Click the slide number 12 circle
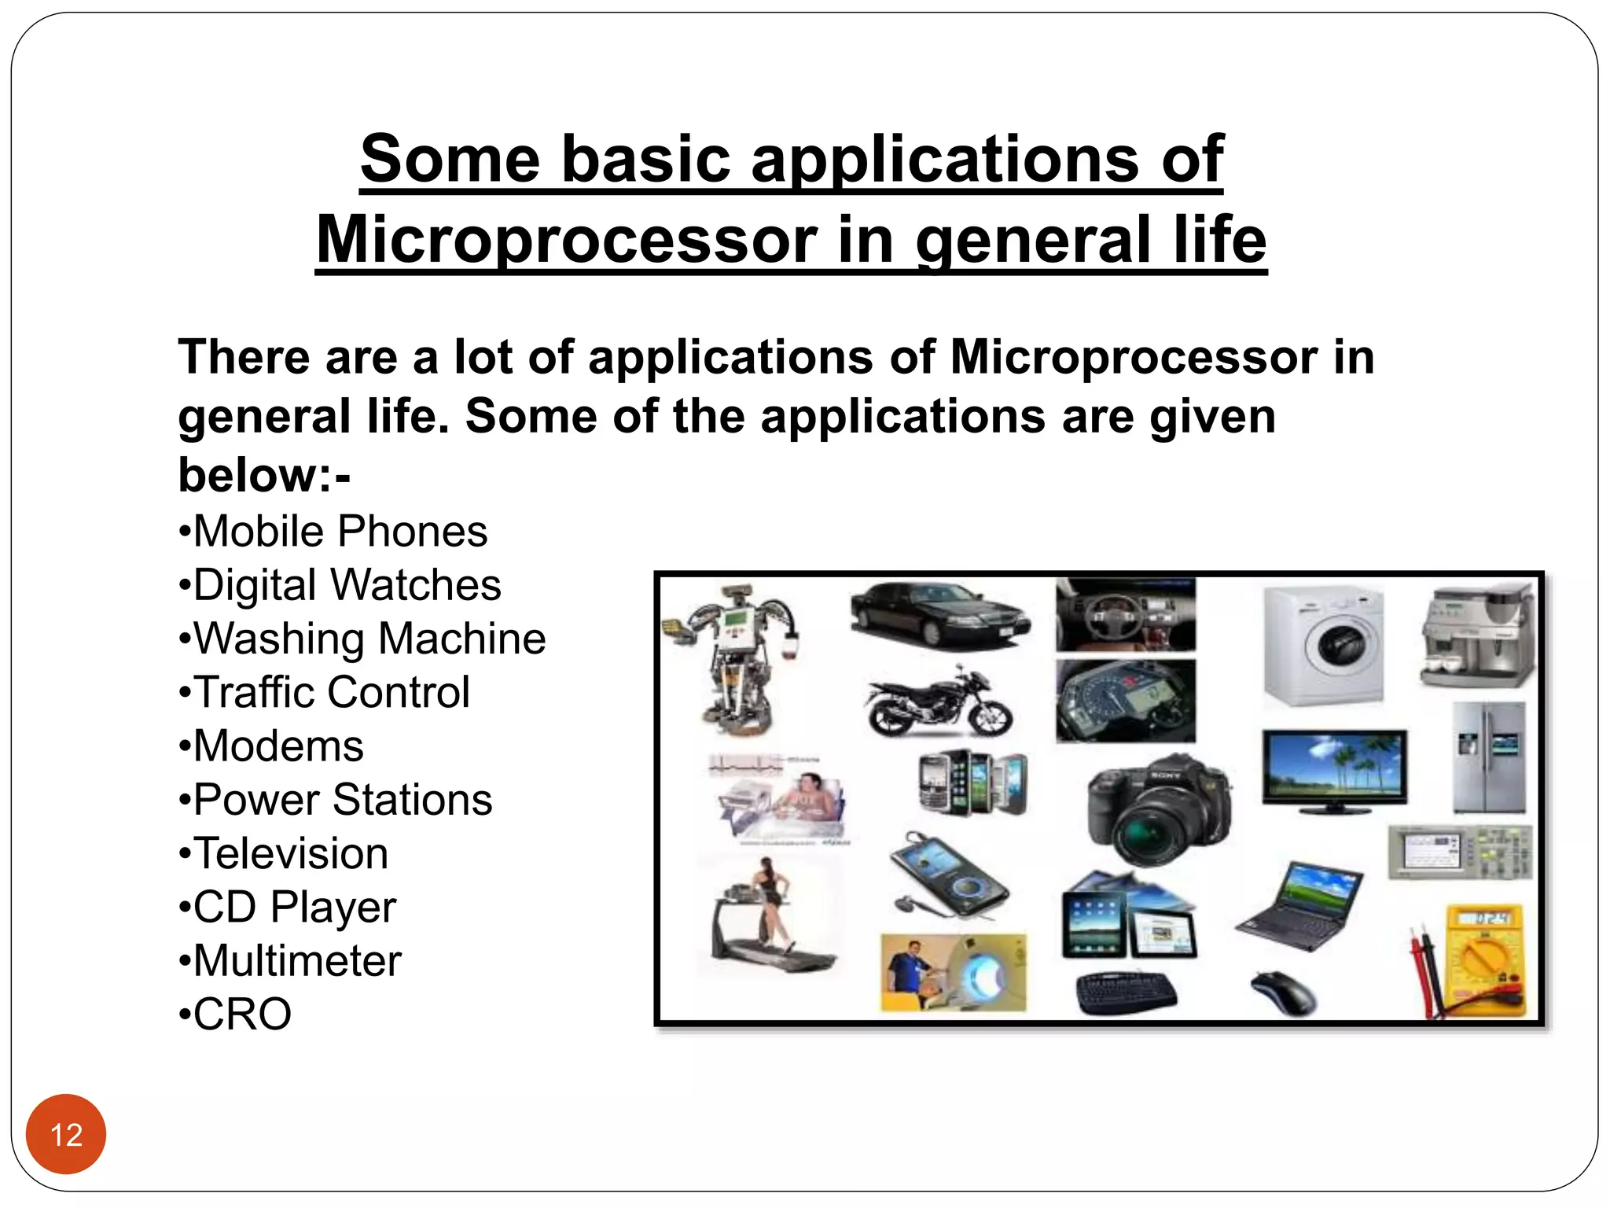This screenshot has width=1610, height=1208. point(66,1134)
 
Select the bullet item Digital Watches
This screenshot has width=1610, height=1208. point(340,585)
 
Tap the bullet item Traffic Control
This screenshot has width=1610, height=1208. point(325,692)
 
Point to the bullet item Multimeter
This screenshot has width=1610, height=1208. point(291,960)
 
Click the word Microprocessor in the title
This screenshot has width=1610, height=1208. point(566,240)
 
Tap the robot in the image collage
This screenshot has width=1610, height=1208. point(735,657)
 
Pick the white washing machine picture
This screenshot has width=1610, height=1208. point(1324,646)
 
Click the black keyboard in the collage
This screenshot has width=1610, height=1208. point(1126,993)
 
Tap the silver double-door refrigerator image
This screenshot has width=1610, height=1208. point(1488,757)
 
